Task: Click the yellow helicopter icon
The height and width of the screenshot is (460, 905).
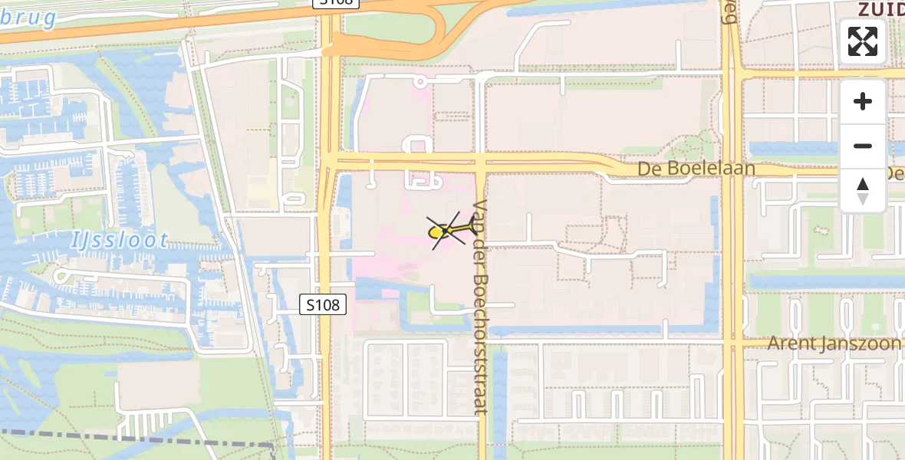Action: click(447, 230)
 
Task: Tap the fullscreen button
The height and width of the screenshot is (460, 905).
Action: click(863, 41)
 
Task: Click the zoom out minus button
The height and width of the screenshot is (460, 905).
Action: click(863, 146)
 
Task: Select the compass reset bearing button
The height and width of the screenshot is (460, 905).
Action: click(863, 191)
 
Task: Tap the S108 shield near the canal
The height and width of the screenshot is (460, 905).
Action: click(323, 305)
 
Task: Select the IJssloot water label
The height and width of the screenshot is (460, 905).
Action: click(119, 240)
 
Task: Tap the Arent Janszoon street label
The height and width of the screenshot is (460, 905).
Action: click(835, 343)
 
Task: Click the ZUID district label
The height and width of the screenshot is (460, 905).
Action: click(880, 8)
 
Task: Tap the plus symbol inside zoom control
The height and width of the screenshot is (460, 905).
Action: click(863, 101)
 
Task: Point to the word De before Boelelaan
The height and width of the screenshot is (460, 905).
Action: click(650, 169)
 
